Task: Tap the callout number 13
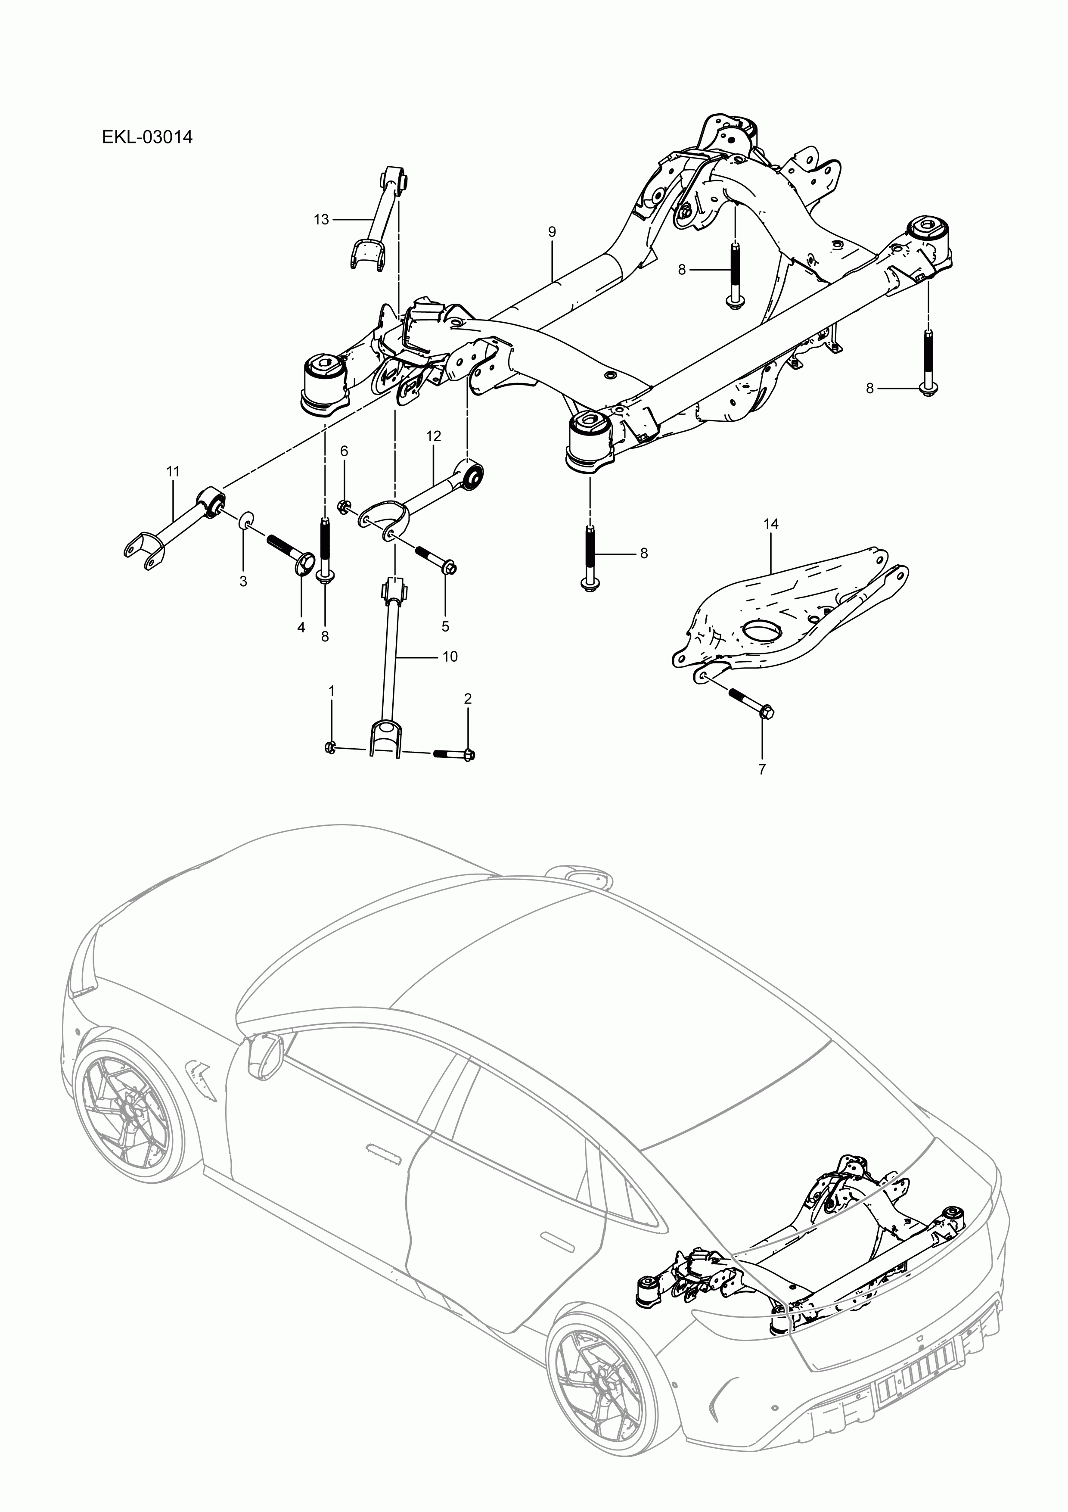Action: [321, 219]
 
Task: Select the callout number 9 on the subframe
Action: [552, 232]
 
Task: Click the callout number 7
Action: [762, 768]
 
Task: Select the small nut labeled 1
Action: [331, 746]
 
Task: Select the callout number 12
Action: [433, 436]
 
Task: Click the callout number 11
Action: [173, 472]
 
